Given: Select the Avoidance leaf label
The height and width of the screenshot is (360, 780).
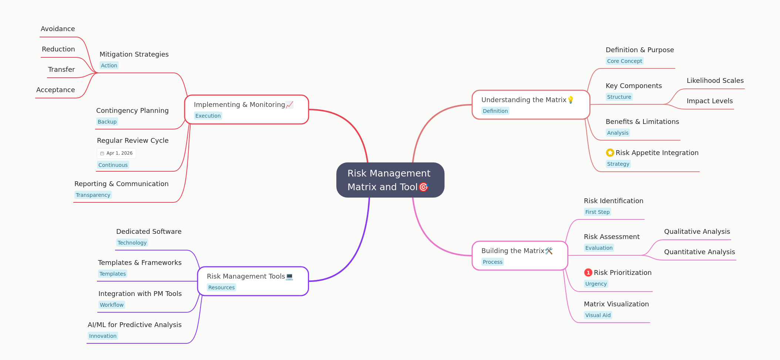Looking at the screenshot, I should pos(58,29).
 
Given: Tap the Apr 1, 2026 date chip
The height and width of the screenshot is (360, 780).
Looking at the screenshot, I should pos(117,153).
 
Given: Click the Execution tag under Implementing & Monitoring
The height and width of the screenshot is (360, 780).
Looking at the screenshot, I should pos(208,116).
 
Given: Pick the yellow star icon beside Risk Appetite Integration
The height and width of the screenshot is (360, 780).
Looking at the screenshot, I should pos(610,152).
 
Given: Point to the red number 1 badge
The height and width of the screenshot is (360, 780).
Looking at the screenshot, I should pos(588,273).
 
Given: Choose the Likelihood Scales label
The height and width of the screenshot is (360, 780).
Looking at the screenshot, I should pos(715,81).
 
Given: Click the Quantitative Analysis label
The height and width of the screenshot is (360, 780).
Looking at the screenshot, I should pos(699,252).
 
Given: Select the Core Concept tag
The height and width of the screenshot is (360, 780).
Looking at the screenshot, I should pos(625,61).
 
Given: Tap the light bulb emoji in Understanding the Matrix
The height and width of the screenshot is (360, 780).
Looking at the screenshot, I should pos(571,100).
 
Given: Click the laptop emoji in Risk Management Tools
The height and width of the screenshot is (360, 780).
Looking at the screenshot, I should pos(289,276).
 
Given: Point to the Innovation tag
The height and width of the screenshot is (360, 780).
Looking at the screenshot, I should pos(103,336).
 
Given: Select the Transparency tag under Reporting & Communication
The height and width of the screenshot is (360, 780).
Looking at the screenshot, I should pos(93,195).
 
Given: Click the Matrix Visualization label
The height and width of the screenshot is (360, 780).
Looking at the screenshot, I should pos(616,304).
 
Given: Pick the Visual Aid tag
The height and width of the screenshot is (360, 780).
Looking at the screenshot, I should pos(598,315).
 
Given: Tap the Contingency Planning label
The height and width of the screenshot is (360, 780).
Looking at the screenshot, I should pos(132,111).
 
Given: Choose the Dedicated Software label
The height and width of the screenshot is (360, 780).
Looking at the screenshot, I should pos(149,232).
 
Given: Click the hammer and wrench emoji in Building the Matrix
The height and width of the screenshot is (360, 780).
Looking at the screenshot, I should pos(549,251).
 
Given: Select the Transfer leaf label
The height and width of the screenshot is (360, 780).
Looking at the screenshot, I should pos(61,70).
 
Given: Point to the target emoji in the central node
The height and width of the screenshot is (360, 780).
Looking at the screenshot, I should pos(423,187).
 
